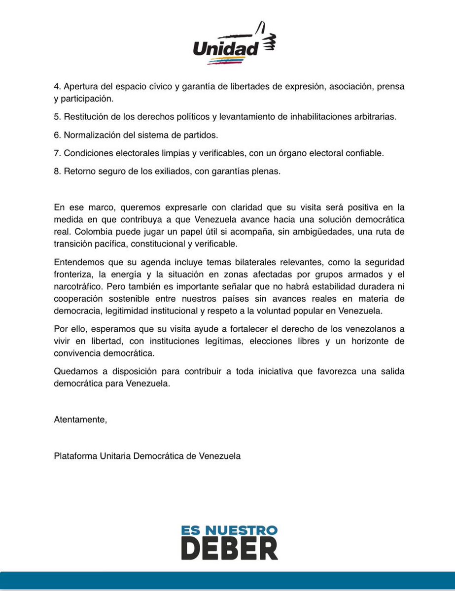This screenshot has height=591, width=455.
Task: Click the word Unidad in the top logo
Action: tap(226, 48)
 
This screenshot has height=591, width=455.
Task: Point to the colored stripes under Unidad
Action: tap(226, 61)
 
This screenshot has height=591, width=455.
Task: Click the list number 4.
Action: tap(57, 86)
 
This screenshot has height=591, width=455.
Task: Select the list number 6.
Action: tap(57, 135)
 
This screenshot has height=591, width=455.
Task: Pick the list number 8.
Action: tap(57, 171)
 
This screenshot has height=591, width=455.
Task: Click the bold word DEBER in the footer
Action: tap(228, 548)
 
